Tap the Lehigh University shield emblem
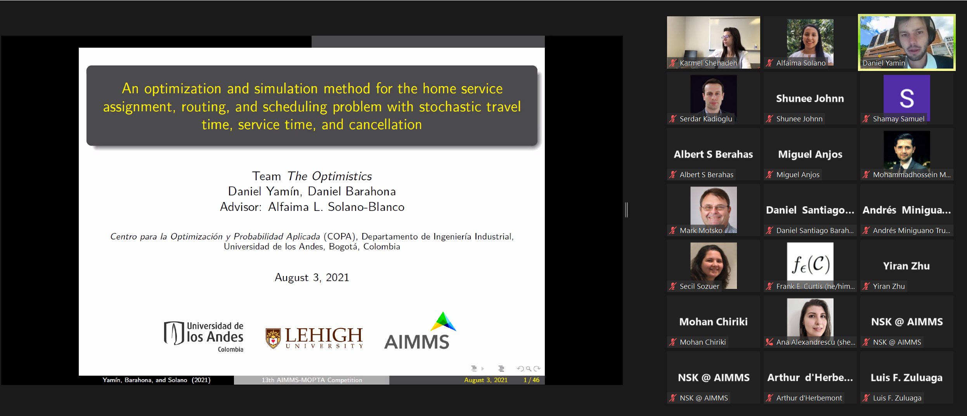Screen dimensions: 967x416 pos(273,338)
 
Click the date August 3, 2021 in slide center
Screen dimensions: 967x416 pos(312,278)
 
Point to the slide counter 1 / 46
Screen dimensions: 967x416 pos(531,380)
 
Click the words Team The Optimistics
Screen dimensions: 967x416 pos(312,176)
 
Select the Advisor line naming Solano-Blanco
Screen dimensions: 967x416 pos(312,207)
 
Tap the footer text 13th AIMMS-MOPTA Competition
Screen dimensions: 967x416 pos(312,380)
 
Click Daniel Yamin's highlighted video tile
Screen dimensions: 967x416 pos(907,43)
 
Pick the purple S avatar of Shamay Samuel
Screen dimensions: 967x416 pos(907,98)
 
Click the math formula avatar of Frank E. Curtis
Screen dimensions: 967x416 pos(810,264)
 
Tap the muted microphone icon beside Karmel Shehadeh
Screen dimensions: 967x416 pos(673,63)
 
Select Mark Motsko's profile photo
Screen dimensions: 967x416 pos(713,210)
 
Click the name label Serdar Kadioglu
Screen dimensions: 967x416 pos(706,119)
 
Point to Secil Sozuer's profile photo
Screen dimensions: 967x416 pos(713,266)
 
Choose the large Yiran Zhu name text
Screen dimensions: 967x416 pos(906,266)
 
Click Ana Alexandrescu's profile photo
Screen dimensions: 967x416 pos(810,318)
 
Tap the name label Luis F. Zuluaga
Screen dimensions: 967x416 pos(897,398)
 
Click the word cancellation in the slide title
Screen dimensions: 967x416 pos(385,124)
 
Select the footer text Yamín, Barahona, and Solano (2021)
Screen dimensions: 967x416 pos(156,380)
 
